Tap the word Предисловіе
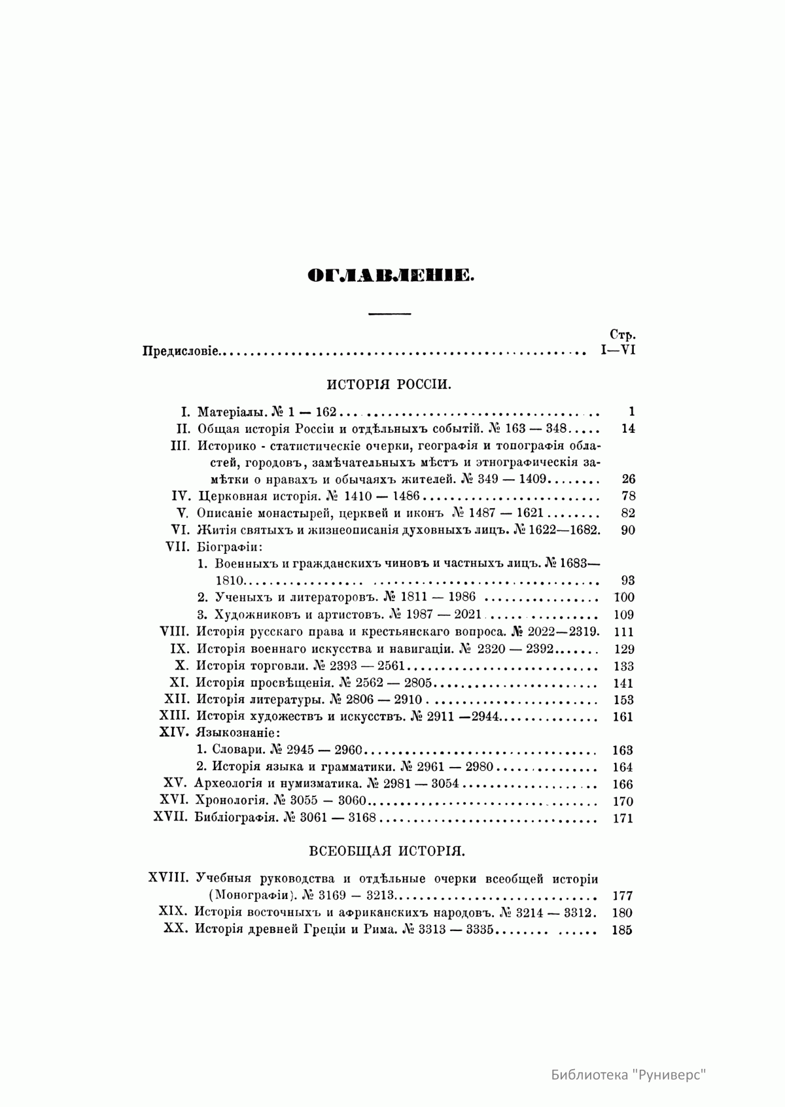tap(181, 352)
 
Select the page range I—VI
tap(618, 350)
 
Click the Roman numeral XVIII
tap(168, 878)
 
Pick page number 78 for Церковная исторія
tap(627, 496)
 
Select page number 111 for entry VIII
tap(624, 632)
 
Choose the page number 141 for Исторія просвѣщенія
tap(624, 683)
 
